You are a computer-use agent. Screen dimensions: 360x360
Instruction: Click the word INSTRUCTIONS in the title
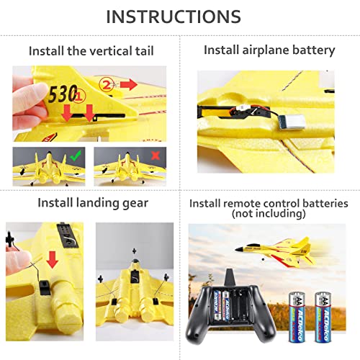point(179,17)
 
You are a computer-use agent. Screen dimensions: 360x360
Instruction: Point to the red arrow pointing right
point(129,85)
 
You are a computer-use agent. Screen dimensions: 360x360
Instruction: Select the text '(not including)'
point(269,215)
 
